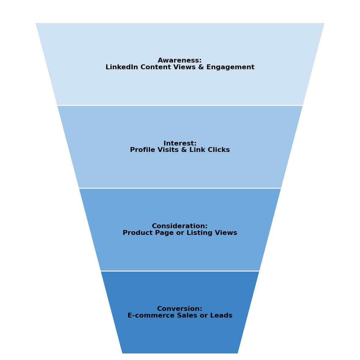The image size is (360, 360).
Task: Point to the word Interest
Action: coord(179,143)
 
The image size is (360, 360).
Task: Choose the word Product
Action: coord(136,233)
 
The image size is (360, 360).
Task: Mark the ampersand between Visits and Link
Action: coord(184,150)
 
